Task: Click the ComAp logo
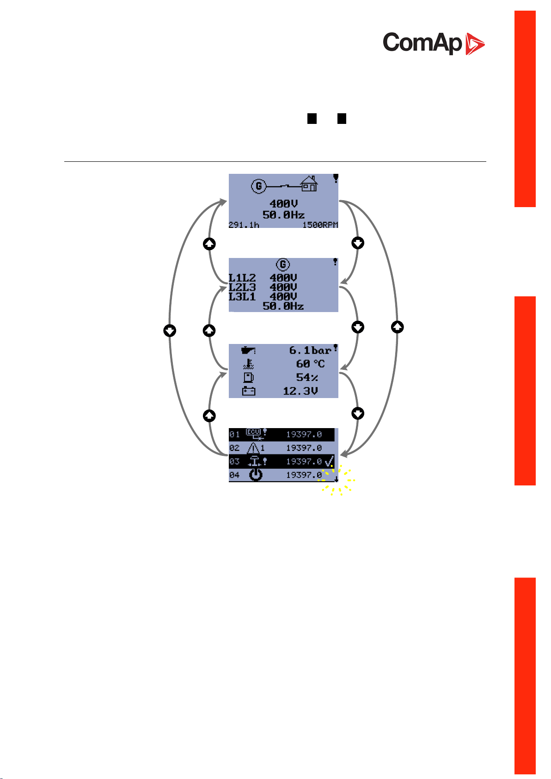pos(434,43)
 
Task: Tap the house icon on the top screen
pos(309,184)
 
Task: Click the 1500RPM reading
pos(320,225)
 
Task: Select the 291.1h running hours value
pos(244,225)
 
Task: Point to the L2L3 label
pos(242,287)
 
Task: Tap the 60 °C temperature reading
pos(310,364)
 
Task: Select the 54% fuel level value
pos(307,377)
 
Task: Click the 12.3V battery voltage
pos(300,391)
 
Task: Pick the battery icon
pos(249,392)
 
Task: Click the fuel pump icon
pos(248,378)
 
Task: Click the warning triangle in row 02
pos(253,448)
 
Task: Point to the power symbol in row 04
pos(255,475)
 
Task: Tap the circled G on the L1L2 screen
pos(282,264)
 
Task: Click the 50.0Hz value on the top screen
pos(283,215)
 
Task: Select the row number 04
pos(234,475)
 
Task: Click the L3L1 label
pos(242,296)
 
